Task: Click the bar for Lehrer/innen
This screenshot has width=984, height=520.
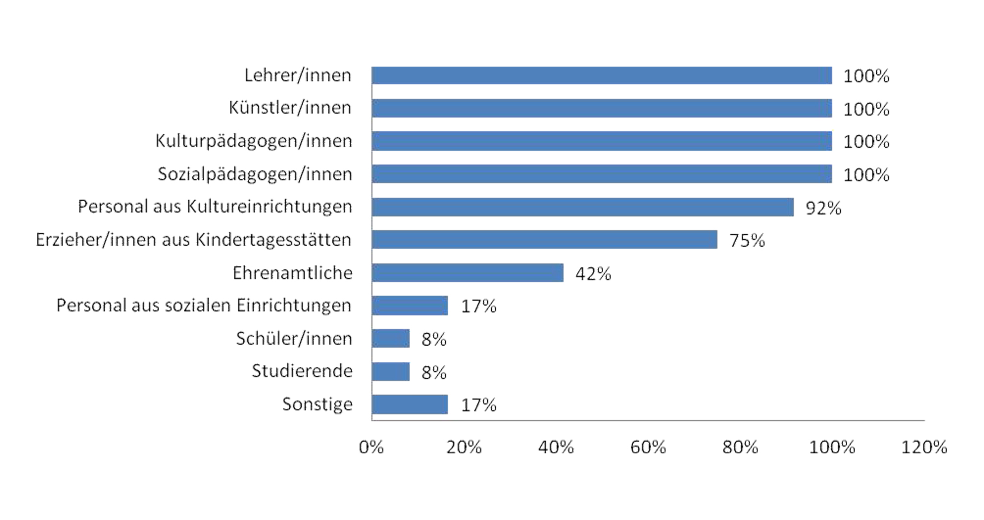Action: coord(601,75)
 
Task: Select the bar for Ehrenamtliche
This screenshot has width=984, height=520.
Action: coord(467,273)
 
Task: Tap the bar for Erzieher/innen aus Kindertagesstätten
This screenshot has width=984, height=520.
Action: coord(544,239)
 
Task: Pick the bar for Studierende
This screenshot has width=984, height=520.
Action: coord(391,372)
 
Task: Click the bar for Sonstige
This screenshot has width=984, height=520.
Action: coord(410,404)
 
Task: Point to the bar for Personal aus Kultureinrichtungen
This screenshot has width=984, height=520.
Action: coord(582,207)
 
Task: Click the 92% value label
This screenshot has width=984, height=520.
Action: coord(823,208)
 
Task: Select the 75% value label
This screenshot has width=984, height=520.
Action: coord(747,240)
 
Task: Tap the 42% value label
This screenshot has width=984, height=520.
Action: coord(593,274)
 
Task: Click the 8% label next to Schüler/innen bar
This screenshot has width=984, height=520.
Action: coord(434,339)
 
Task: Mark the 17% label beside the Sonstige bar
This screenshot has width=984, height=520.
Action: coord(478,405)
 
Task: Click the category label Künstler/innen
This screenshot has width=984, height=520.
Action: coord(290,108)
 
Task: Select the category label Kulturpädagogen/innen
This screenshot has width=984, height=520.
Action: coord(253,141)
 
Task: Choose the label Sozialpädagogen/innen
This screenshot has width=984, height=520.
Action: coord(254,174)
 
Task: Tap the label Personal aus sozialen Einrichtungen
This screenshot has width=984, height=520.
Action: coord(204,306)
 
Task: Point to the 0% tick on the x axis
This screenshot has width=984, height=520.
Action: coord(371,447)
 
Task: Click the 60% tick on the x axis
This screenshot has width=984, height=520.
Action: coord(648,447)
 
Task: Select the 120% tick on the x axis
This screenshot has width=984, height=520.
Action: coord(924,447)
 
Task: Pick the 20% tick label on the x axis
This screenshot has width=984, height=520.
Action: coord(464,447)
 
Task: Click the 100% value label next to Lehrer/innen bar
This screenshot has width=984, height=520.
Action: coord(866,76)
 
